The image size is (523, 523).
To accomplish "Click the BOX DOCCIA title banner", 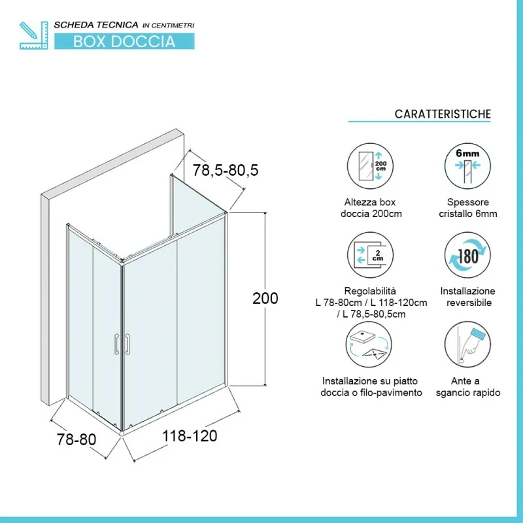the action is [124, 41].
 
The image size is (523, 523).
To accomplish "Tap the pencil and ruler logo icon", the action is [34, 35].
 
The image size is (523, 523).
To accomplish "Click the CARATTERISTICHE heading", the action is [443, 114].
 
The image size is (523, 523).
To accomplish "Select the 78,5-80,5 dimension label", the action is [226, 170].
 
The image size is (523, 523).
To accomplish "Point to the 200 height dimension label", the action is [265, 298].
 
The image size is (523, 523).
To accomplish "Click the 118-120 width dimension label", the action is [190, 436].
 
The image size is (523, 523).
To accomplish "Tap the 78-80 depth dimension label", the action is [76, 439].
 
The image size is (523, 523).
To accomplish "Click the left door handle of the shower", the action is [116, 344].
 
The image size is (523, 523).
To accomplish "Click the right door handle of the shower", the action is [127, 344].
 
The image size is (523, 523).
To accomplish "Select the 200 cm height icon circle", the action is [370, 166].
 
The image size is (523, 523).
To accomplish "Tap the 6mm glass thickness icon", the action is [467, 166].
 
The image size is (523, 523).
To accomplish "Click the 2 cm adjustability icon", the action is [370, 255].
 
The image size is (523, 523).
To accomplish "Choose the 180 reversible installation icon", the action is [467, 255].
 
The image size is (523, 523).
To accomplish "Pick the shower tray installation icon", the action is [369, 345].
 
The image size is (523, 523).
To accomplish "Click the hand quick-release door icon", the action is [467, 345].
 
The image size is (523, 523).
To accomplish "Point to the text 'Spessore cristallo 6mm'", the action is [468, 208].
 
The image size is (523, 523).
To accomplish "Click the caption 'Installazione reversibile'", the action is [467, 297].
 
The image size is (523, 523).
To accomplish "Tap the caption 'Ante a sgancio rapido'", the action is [468, 386].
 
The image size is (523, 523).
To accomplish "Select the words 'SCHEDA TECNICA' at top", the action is [96, 25].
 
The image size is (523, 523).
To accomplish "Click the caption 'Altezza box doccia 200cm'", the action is [371, 208].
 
